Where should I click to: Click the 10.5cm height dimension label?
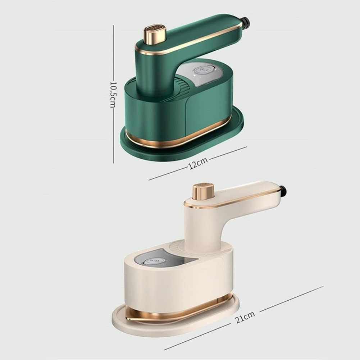[113, 95]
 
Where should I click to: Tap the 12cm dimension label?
[198, 163]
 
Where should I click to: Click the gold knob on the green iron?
[155, 34]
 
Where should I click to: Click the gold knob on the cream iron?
[203, 191]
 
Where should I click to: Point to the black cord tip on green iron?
[246, 22]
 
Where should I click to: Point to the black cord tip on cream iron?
[283, 191]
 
